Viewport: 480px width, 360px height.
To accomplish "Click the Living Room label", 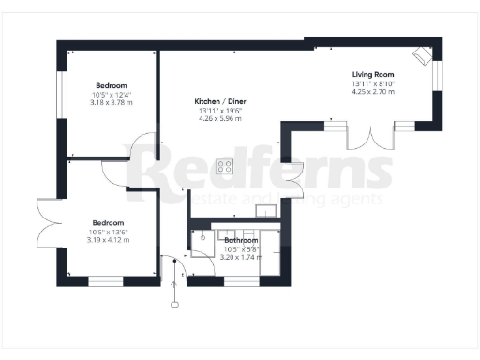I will point(373,74).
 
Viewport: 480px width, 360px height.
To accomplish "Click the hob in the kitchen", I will point(225,167).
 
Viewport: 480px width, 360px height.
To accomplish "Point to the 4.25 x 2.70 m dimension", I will point(373,92).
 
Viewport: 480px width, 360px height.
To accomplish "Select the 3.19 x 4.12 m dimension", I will point(109,240).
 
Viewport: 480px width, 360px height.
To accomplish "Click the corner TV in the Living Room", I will point(424,55).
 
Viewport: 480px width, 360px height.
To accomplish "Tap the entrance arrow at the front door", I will point(174,286).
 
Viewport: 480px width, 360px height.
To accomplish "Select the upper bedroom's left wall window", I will point(63,93).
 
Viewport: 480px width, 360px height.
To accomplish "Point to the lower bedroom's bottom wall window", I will point(106,280).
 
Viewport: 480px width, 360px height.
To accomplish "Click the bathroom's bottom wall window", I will point(237,279).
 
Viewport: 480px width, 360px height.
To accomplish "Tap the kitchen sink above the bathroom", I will point(266,211).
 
